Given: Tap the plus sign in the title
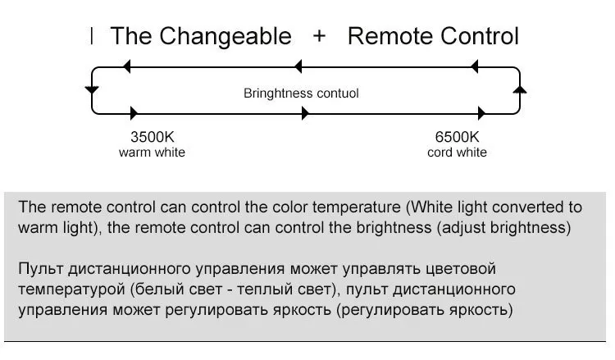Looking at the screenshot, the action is [320, 36].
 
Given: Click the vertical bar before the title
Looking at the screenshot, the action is [92, 36].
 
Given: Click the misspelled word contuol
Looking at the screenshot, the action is [336, 93].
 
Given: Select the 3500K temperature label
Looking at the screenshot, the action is [153, 137].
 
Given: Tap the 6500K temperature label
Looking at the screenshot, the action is [457, 137].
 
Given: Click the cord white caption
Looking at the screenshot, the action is [457, 153].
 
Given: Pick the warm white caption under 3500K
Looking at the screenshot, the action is [153, 153].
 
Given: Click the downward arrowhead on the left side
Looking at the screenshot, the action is [92, 88].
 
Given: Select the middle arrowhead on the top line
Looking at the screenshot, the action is [299, 66].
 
